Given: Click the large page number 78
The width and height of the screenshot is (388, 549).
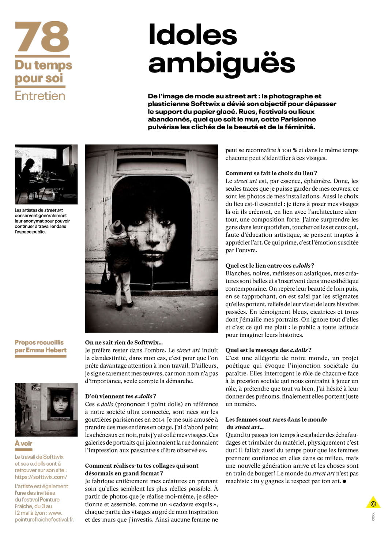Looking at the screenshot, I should tap(42, 37).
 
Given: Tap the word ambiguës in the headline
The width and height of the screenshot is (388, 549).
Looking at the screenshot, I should tap(221, 63).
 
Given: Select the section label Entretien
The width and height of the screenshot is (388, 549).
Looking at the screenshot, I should tap(40, 96).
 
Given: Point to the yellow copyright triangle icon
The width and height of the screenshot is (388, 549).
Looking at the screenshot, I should tap(373, 503).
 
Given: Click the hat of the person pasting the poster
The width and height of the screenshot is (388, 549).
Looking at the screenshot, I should tap(117, 227).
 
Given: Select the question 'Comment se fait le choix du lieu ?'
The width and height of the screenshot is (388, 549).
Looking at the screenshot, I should tap(271, 173).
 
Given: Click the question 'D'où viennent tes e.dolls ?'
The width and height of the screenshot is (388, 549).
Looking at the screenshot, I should tap(120, 396).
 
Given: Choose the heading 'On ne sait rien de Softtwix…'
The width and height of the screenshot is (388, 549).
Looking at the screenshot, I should tap(124, 343).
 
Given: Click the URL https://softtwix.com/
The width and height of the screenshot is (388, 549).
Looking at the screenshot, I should tap(41, 477).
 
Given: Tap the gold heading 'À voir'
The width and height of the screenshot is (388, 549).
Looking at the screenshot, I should tap(23, 444).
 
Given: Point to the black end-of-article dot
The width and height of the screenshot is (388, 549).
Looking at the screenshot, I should tap(344, 481).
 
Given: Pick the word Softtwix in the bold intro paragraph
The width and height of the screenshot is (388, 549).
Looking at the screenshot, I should tap(205, 104).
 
